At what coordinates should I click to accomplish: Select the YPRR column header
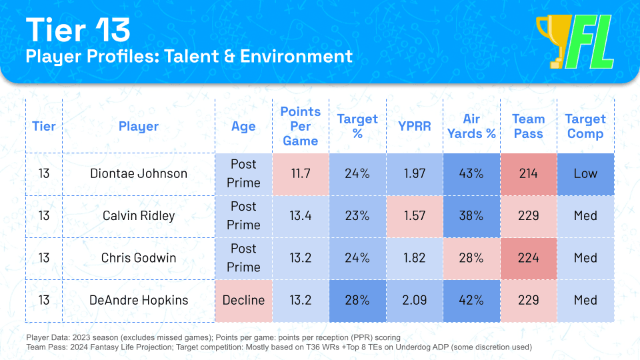point(415,126)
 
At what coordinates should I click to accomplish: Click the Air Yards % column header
point(471,126)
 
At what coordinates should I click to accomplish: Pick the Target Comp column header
point(585,126)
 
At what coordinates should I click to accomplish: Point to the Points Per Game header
point(300,126)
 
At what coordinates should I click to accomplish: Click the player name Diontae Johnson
point(139,173)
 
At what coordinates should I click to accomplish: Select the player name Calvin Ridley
point(139,215)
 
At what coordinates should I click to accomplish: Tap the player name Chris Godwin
point(139,257)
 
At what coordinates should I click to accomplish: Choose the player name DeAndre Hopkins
point(139,300)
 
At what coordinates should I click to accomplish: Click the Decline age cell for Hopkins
point(243,300)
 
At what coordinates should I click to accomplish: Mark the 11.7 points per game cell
point(300,173)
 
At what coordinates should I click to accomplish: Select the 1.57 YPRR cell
point(415,215)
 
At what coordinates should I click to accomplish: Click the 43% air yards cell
point(471,173)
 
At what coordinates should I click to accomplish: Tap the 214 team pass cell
point(528,173)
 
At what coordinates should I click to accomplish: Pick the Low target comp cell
point(585,173)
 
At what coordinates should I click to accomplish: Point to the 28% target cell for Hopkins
point(357,300)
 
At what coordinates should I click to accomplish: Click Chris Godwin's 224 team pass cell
point(528,257)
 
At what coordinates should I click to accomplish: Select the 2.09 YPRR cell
point(415,300)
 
